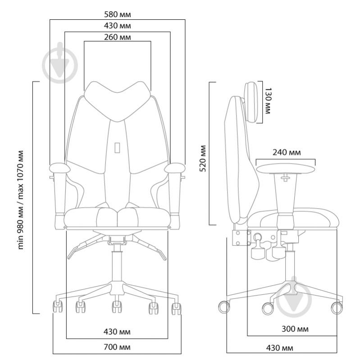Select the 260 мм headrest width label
click(x=117, y=37)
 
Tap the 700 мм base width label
click(x=117, y=347)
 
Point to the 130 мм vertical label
click(x=268, y=101)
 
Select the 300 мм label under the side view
click(x=296, y=329)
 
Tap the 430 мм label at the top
click(x=117, y=26)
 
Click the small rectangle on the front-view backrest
click(x=117, y=147)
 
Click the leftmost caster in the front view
click(x=58, y=307)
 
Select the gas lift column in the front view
click(x=117, y=261)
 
